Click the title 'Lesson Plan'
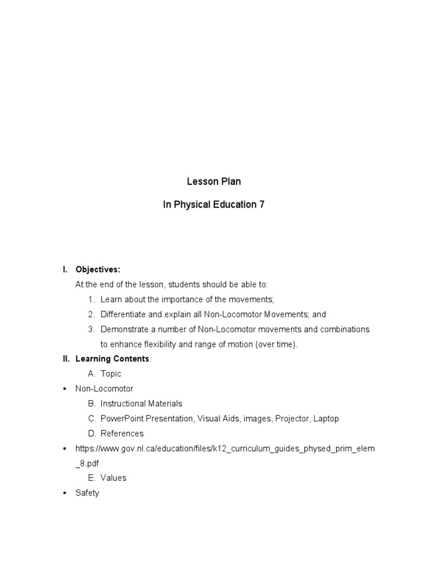pos(213,182)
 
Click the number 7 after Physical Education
pos(261,204)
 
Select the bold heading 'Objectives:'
pos(98,269)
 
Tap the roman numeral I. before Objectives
pos(65,269)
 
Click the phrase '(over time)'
pos(276,344)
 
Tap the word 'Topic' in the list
pos(111,374)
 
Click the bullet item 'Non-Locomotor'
pos(104,389)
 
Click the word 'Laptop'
pos(326,419)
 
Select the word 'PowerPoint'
pos(120,419)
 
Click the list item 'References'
pos(122,433)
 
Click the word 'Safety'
pos(87,493)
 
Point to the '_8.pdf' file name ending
pos(89,463)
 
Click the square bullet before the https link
pos(65,448)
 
